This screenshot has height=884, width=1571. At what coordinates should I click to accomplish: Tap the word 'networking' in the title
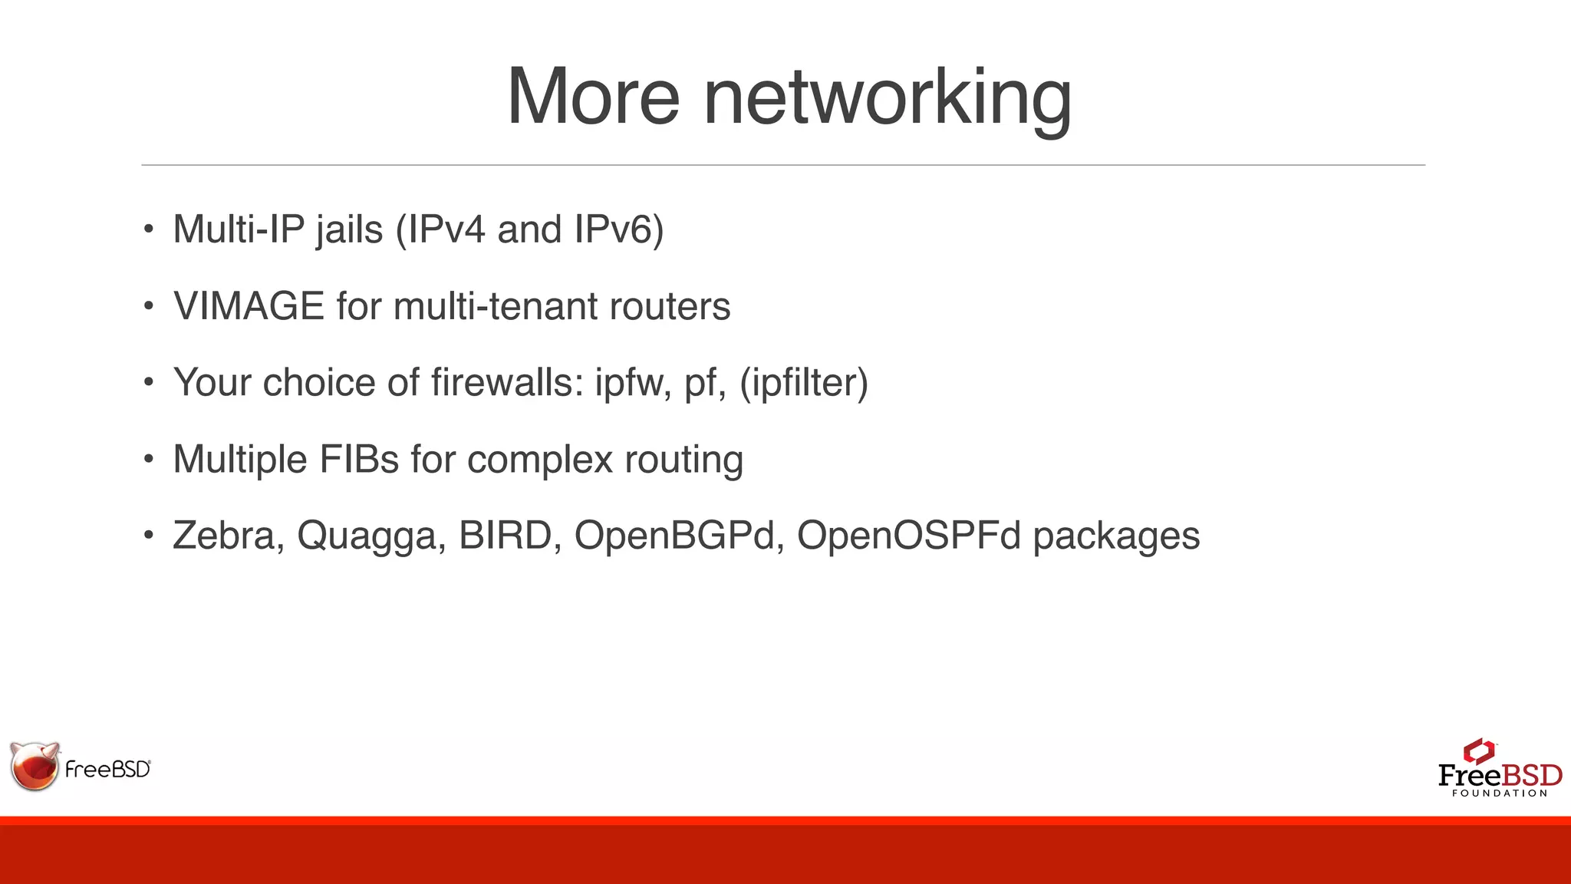[888, 100]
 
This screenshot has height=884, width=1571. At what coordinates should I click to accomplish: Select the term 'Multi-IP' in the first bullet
[239, 229]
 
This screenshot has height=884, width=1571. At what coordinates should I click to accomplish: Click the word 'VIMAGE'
[249, 306]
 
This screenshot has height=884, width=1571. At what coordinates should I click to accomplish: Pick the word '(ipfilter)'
[804, 382]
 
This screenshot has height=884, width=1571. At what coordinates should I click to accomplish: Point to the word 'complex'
[540, 460]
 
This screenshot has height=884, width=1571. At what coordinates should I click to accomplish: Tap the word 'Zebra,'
[229, 536]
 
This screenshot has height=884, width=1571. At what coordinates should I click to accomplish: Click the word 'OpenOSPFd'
[909, 536]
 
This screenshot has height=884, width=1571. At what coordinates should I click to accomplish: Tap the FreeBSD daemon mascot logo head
[35, 766]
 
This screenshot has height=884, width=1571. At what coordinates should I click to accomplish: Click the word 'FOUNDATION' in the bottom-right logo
[1500, 793]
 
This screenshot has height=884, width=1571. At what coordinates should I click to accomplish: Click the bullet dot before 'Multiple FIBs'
[149, 459]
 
